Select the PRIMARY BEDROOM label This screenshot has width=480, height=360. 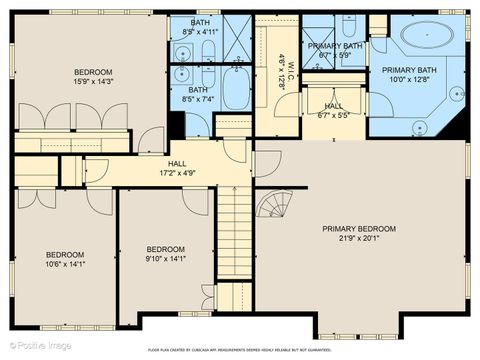pos(359,228)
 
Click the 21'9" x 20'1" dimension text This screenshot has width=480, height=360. pos(359,238)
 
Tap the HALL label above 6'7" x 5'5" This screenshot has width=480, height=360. pos(333,105)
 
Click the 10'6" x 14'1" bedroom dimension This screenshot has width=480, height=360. pos(64,265)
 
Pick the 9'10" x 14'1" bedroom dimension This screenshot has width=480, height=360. pos(166,259)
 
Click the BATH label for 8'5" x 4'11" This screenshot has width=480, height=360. pos(201,22)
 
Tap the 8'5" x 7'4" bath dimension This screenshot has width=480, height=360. pos(201,99)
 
